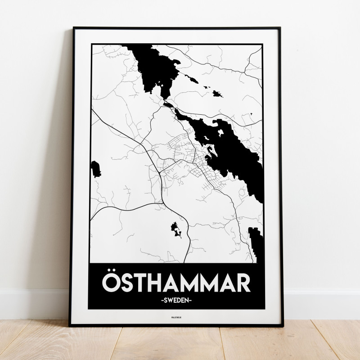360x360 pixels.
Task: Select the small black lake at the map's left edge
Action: click(x=95, y=168)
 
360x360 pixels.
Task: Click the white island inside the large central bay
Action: click(x=220, y=133)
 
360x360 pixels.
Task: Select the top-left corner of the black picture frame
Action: click(x=75, y=28)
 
